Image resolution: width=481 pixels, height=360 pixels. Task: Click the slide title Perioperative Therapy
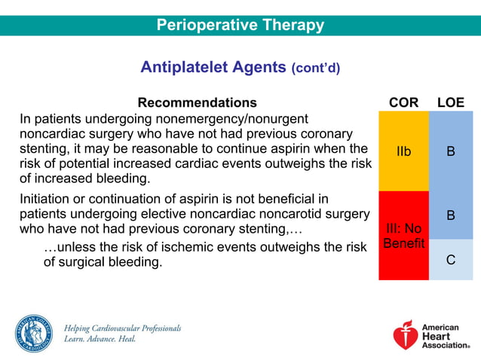[240, 25]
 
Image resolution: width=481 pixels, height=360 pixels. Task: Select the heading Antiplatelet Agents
[213, 67]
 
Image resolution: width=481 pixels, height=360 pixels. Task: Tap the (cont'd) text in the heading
[315, 69]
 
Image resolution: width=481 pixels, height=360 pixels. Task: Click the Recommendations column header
[197, 102]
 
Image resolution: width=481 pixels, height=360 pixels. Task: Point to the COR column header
[403, 102]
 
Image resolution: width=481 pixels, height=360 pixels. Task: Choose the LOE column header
[451, 102]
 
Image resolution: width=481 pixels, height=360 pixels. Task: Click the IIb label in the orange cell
[403, 151]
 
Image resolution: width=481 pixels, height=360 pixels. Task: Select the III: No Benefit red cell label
[403, 236]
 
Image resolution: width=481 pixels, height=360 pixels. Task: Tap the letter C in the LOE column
[451, 260]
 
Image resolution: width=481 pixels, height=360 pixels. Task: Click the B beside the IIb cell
[451, 151]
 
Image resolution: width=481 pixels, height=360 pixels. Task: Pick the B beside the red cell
[451, 215]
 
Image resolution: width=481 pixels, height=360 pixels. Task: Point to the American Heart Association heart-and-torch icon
[406, 336]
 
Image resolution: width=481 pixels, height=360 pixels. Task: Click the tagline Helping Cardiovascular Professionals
[122, 328]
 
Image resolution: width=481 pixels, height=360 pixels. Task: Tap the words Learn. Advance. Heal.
[100, 340]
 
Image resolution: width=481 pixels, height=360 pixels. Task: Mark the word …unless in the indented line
[65, 248]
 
